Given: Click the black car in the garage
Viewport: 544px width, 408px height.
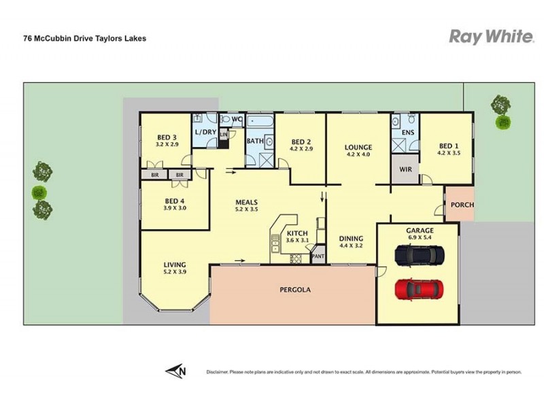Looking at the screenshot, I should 420,256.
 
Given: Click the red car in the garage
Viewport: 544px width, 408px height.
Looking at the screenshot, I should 419,288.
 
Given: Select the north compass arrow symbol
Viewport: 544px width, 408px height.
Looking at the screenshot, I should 176,371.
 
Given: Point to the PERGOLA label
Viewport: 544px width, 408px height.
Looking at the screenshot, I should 295,290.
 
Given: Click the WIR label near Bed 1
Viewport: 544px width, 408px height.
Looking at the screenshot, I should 405,169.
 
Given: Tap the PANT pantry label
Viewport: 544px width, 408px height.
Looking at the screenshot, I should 318,257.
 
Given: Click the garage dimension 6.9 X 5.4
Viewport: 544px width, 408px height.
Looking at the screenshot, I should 419,239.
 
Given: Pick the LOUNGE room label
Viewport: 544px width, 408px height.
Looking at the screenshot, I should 358,147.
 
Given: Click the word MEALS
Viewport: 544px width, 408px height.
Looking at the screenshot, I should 246,202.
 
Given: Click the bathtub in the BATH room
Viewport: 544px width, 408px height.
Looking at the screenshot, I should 259,122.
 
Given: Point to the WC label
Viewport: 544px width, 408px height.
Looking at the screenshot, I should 237,120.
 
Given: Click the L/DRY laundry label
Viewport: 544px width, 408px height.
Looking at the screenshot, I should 205,132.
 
